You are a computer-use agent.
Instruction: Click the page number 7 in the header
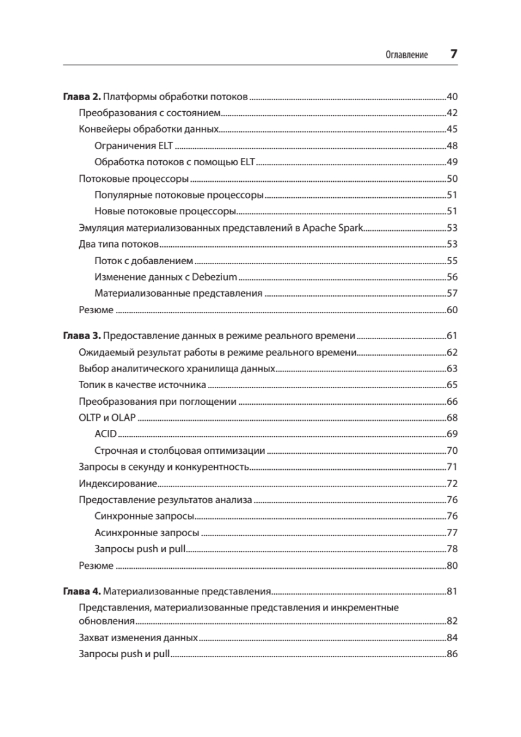[x=454, y=53]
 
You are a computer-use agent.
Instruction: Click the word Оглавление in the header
[x=406, y=55]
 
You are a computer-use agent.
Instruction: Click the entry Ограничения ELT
[x=134, y=146]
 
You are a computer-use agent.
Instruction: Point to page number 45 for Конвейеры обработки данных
[x=452, y=129]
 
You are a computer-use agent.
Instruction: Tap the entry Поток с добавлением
[x=144, y=260]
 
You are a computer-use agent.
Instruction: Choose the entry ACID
[x=106, y=434]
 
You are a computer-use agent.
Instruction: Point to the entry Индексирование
[x=118, y=483]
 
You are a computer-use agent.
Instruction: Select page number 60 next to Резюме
[x=452, y=310]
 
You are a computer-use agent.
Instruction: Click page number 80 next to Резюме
[x=452, y=566]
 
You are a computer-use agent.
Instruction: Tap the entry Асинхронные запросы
[x=147, y=532]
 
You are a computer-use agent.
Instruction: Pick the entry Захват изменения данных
[x=138, y=638]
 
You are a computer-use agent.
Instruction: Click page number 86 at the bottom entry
[x=452, y=653]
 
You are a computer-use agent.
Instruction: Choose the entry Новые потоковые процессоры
[x=166, y=211]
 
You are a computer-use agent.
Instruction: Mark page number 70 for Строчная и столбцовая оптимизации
[x=452, y=451]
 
